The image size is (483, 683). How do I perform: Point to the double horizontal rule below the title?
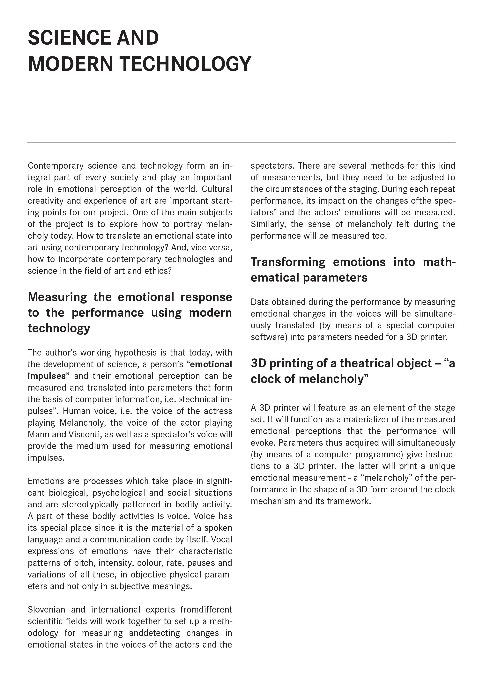tap(241, 144)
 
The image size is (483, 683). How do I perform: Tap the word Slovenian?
tap(46, 610)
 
